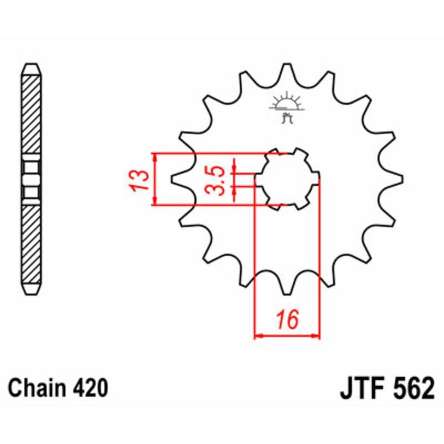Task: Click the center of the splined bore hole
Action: coord(287,180)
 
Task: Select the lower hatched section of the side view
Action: coord(31,244)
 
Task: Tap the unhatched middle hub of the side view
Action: coord(31,179)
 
